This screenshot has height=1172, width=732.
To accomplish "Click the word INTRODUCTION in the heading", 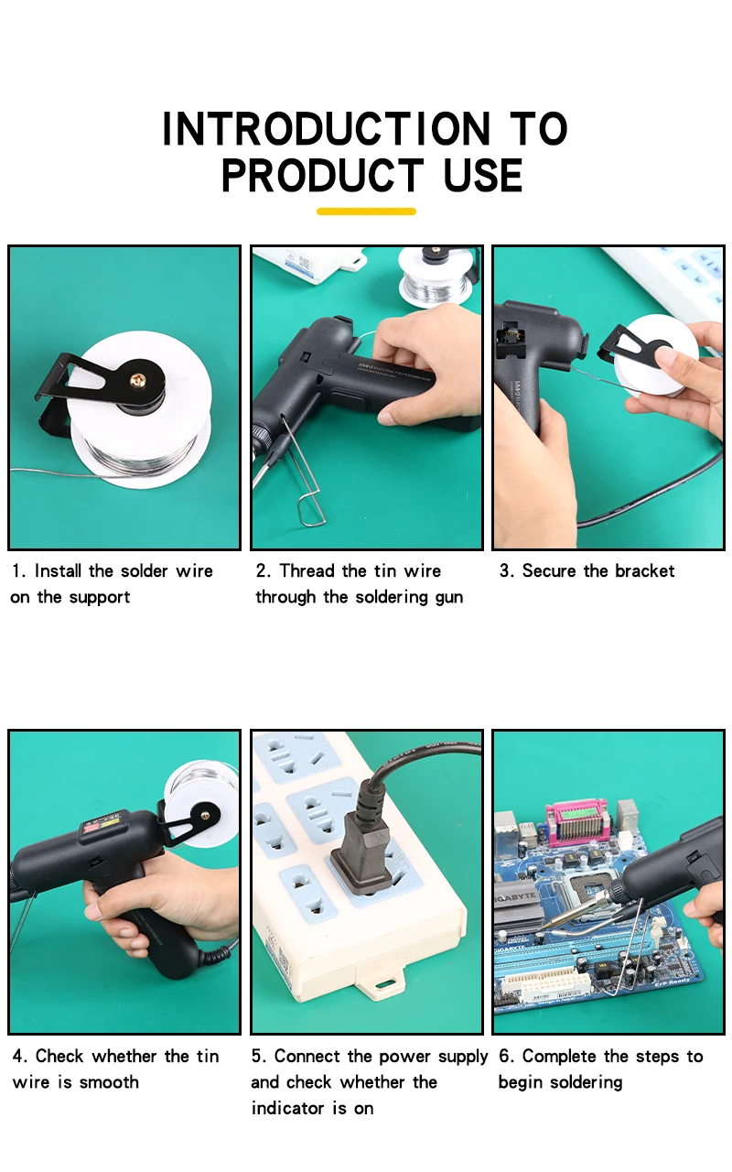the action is point(327,129).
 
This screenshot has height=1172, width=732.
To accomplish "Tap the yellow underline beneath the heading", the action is point(366,212).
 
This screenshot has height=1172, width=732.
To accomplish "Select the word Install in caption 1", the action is point(57,570).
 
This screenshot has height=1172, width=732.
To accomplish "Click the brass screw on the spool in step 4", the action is point(205,815).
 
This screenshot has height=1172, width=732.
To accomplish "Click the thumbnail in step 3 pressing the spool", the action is point(664,357).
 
